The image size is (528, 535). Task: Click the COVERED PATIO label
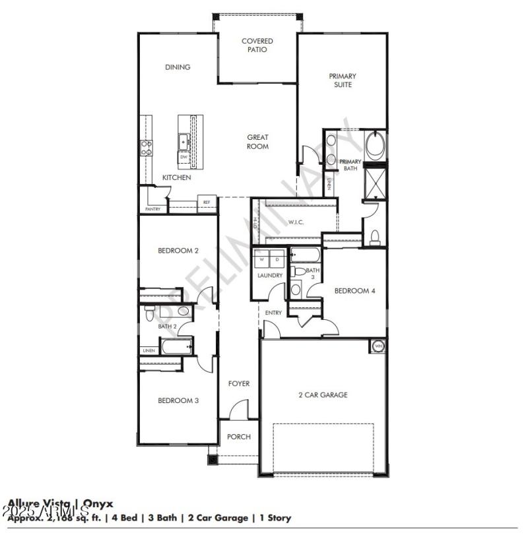pos(257,45)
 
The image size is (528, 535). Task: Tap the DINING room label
pos(178,67)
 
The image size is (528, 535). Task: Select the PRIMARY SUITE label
pos(343,80)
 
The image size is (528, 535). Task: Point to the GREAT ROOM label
pos(257,142)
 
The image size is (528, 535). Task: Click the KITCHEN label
pos(177,177)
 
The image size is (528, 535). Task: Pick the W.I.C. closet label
pos(296,222)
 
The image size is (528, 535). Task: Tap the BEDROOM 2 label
pos(178,251)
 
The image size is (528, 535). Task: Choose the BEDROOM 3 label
pos(178,400)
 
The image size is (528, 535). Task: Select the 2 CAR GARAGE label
pos(323,395)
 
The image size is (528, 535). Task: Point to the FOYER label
pos(238,383)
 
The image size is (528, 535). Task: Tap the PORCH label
pos(238,437)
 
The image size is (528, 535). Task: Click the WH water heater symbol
pos(378,346)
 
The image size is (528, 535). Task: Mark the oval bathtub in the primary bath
pos(375,145)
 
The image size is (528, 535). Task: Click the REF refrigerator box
pos(207,203)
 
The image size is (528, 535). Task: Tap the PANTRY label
pos(152,209)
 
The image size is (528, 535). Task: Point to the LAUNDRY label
pos(270,275)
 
